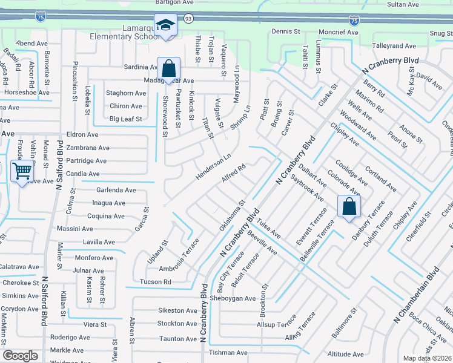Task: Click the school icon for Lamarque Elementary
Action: [165, 25]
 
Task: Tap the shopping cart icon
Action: [22, 171]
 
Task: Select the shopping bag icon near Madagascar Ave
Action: [168, 68]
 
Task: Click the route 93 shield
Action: [188, 19]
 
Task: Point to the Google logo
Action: [21, 356]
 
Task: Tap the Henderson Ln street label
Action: [213, 166]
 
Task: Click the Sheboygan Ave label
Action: [233, 298]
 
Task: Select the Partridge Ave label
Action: [87, 161]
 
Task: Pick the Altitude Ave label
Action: [345, 355]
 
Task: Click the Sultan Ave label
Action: [403, 4]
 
